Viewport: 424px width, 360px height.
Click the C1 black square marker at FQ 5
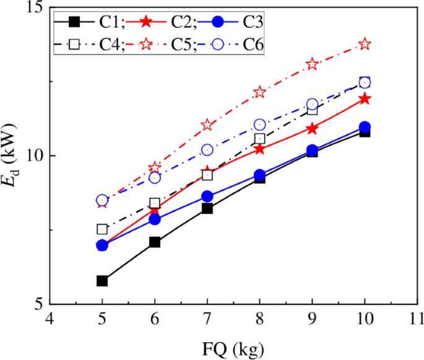point(102,281)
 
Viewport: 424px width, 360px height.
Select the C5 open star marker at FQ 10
point(365,44)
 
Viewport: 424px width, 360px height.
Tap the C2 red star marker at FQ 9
point(313,129)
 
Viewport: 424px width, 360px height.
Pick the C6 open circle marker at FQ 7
point(207,150)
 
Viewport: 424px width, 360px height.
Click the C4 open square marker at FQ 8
point(260,139)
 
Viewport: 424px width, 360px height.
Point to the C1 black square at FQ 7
point(207,208)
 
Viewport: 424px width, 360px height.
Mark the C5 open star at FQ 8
point(260,92)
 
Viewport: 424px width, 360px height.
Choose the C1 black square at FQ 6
point(155,242)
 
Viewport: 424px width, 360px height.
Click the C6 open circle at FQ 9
point(313,105)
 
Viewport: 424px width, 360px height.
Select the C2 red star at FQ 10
point(365,98)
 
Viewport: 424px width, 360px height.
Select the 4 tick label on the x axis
point(50,319)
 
